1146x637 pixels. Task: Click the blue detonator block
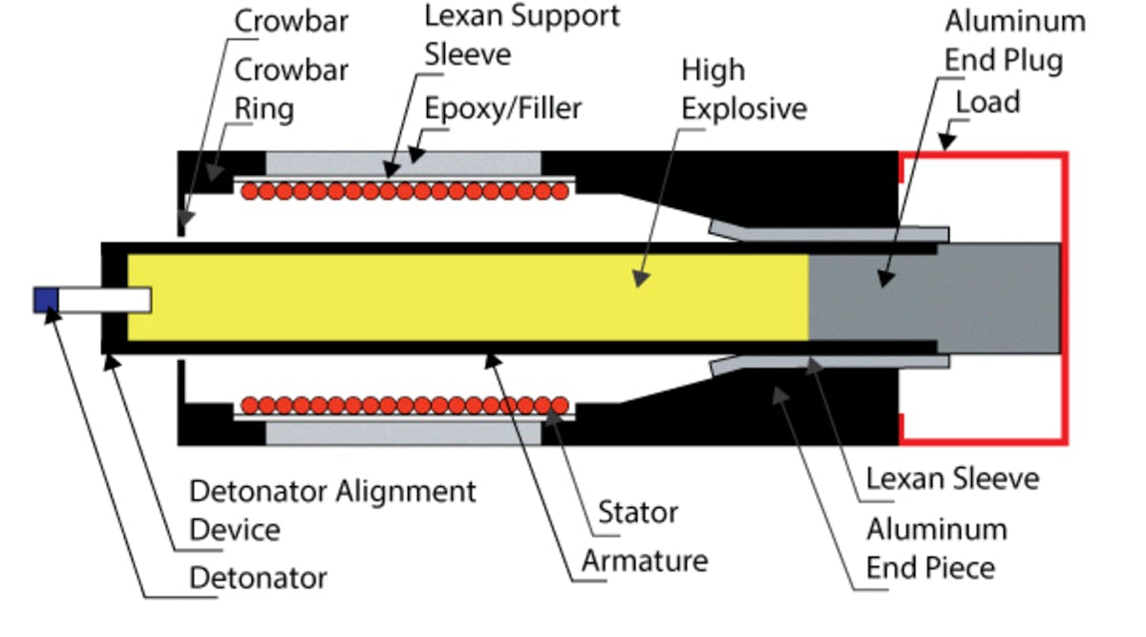coord(46,299)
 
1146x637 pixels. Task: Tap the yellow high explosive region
coord(458,297)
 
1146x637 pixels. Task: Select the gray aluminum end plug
coord(931,297)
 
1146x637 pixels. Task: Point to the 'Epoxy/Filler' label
coord(503,109)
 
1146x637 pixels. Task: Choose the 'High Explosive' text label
coord(743,89)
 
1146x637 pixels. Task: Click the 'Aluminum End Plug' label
coord(1014,41)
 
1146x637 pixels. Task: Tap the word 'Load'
coord(988,101)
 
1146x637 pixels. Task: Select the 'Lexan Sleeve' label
coord(951,478)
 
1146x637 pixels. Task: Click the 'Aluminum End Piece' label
coord(936,548)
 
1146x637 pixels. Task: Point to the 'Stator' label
coord(637,512)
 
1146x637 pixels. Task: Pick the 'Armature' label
coord(645,560)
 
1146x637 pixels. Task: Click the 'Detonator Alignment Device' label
coord(332,510)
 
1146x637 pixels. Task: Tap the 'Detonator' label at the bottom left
coord(258,578)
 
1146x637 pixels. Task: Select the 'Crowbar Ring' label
coord(277,89)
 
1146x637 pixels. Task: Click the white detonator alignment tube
coord(105,299)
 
